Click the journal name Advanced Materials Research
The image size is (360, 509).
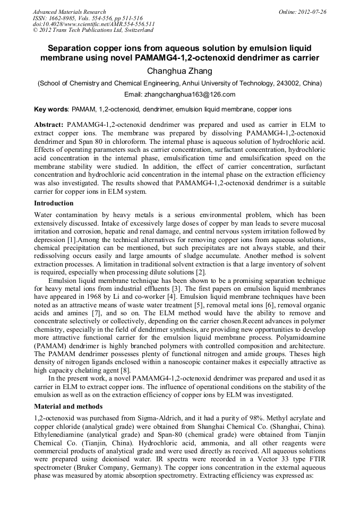(x=70, y=12)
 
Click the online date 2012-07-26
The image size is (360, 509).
(x=312, y=12)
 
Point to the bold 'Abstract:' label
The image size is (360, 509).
(x=49, y=124)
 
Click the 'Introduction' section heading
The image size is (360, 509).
(x=54, y=203)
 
